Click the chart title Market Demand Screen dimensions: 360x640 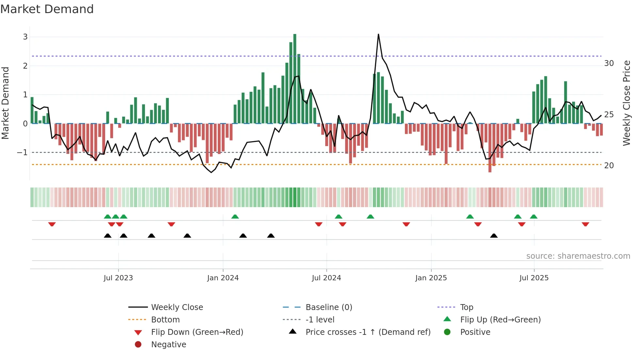click(47, 9)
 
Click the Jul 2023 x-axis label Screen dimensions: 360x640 click(118, 278)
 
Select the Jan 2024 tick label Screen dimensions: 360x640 click(223, 278)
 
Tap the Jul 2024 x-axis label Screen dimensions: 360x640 click(326, 278)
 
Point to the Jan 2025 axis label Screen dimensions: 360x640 click(431, 278)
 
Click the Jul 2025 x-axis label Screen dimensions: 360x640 click(534, 278)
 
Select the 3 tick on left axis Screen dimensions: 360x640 click(25, 37)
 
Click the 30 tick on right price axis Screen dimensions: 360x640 click(609, 63)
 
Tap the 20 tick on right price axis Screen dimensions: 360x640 click(609, 166)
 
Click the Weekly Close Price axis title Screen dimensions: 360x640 click(626, 103)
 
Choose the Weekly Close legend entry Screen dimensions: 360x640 click(177, 307)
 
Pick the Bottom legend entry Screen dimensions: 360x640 click(165, 320)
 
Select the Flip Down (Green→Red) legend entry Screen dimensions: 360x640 click(197, 332)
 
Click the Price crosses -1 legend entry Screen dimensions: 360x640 click(368, 332)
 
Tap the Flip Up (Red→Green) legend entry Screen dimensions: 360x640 click(500, 320)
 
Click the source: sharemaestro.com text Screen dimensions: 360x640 click(578, 256)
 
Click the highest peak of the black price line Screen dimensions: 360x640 click(378, 34)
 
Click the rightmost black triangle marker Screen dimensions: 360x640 click(494, 236)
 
